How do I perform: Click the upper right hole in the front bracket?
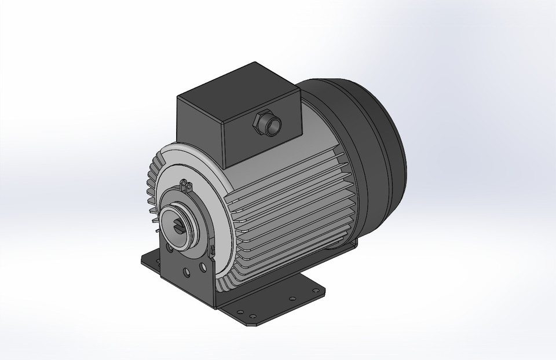click(203, 267)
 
